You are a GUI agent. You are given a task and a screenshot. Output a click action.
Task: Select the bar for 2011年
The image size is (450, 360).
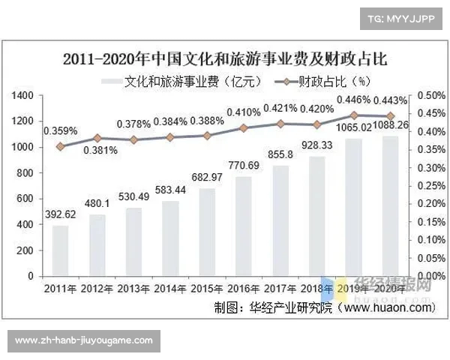click(x=60, y=250)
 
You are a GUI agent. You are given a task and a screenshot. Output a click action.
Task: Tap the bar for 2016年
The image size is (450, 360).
click(x=243, y=226)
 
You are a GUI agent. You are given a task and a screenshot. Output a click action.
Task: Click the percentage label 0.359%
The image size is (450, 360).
click(x=60, y=130)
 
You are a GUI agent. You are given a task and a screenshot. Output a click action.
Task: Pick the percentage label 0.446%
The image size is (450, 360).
click(x=352, y=99)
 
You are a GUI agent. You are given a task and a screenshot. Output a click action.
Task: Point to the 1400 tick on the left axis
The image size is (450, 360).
click(x=23, y=95)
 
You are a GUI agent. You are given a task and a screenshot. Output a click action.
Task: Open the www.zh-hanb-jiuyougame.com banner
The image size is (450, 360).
click(x=83, y=340)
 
